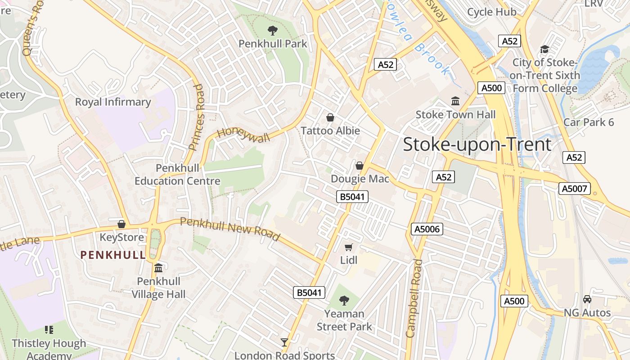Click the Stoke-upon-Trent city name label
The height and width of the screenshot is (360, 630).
tap(477, 144)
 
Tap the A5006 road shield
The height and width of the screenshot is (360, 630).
tap(427, 229)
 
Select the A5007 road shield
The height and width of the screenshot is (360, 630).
tap(574, 189)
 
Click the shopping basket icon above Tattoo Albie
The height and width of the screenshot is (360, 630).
tap(330, 118)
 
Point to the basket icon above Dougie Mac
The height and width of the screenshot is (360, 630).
tap(360, 166)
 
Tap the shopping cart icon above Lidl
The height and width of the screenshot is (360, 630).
tap(349, 247)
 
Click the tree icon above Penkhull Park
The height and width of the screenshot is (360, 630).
tap(272, 31)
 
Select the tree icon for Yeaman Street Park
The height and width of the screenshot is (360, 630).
tap(344, 300)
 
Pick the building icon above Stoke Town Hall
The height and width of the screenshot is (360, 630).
tap(455, 102)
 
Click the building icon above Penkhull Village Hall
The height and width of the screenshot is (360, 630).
tap(158, 268)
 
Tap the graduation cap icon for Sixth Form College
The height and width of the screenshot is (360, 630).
tap(545, 49)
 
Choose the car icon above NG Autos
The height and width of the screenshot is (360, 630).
tap(587, 299)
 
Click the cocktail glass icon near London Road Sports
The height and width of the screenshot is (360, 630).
tap(284, 342)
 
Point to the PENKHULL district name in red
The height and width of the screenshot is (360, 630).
tap(113, 255)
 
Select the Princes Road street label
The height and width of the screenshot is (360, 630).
tap(197, 117)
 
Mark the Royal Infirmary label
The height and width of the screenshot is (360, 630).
tap(113, 102)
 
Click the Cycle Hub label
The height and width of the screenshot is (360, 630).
tap(492, 12)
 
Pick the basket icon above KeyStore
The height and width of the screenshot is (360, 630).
tap(121, 224)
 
